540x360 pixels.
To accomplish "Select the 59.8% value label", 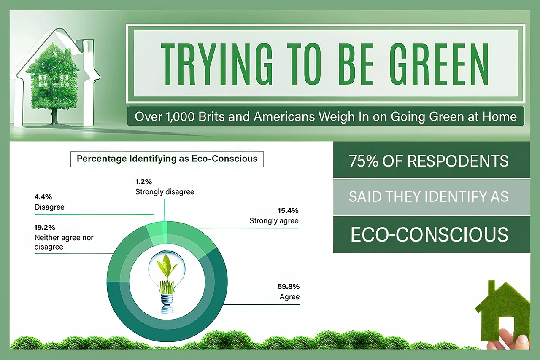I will pos(289,287).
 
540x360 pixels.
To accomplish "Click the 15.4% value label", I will pos(289,210).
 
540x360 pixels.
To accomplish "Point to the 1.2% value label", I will pos(143,182).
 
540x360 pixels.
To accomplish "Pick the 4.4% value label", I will pos(43,197).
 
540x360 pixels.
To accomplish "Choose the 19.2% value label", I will pos(45,228).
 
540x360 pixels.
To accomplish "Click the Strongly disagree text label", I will pos(165,192).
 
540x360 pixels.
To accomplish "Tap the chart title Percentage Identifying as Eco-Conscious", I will pos(167,159).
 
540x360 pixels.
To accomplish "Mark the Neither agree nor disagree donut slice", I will pos(122,261).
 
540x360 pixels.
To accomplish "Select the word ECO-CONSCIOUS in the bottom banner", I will pos(429,235).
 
